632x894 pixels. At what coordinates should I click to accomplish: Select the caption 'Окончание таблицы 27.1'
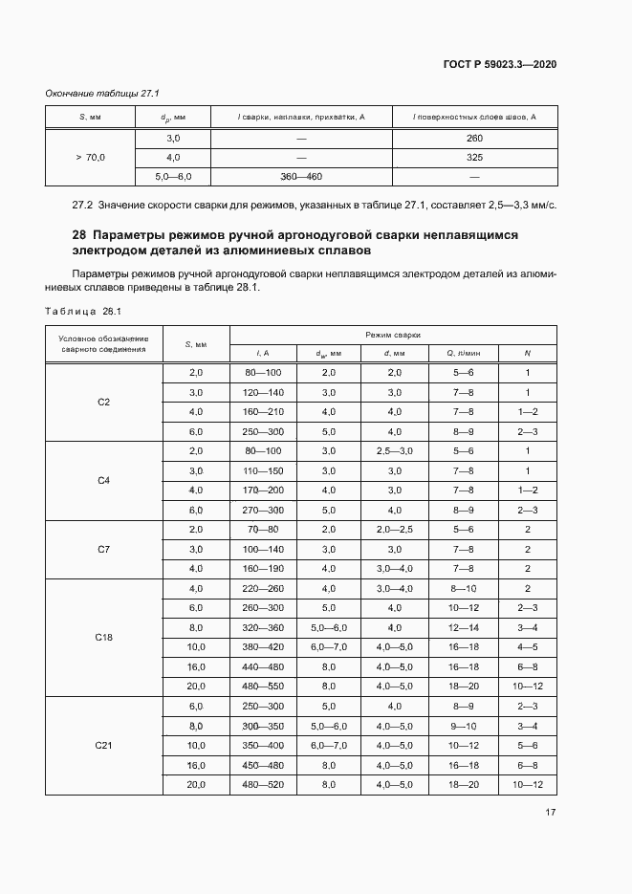point(102,93)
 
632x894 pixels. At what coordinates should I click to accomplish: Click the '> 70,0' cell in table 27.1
point(90,157)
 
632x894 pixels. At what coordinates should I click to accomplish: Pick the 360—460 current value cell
point(301,176)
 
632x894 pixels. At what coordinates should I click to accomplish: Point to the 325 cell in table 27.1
point(474,157)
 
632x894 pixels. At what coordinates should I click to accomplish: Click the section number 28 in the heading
point(79,234)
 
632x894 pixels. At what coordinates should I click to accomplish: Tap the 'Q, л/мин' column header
point(464,354)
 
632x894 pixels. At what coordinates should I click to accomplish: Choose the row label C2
point(103,403)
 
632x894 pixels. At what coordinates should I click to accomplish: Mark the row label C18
point(103,637)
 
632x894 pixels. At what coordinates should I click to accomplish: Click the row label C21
point(103,746)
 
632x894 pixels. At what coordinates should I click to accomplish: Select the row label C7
point(103,550)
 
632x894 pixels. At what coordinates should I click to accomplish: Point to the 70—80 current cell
point(263,530)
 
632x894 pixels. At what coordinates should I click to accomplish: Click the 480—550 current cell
point(263,687)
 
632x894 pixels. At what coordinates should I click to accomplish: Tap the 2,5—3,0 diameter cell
point(395,451)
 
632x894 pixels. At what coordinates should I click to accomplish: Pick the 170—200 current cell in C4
point(263,491)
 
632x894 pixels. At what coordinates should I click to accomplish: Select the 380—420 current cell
point(263,647)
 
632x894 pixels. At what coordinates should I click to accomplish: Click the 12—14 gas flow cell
point(464,627)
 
